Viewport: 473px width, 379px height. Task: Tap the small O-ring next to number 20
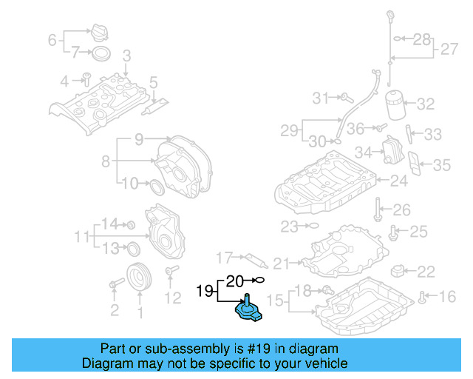tap(258, 280)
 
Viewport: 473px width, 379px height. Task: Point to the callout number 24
tap(398, 180)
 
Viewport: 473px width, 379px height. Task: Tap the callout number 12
tap(171, 298)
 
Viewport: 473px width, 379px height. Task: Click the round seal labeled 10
tap(157, 185)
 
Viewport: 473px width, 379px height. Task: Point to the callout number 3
tap(126, 56)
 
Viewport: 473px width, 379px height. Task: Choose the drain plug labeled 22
tap(399, 270)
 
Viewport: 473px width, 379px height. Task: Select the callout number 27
tap(449, 50)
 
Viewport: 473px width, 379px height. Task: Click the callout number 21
tap(282, 263)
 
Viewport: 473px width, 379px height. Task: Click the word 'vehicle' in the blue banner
tap(322, 363)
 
